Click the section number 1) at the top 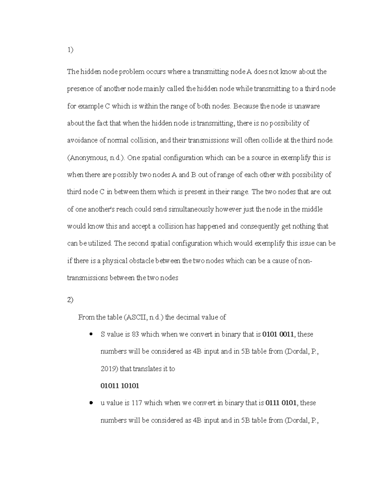pos(70,50)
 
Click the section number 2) pos(70,300)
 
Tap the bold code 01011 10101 pos(120,386)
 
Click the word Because pos(246,106)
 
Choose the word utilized pos(100,243)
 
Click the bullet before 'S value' pos(91,334)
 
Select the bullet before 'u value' pos(91,403)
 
